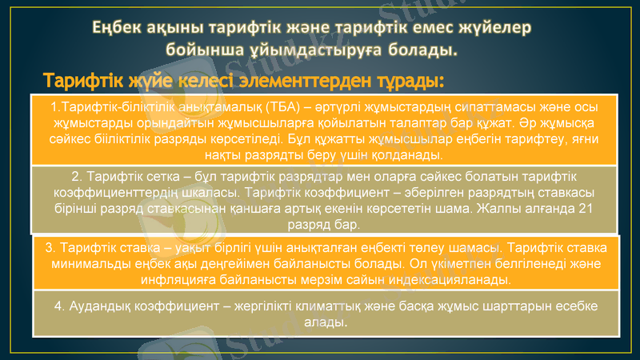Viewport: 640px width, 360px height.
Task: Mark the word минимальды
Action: (x=90, y=263)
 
